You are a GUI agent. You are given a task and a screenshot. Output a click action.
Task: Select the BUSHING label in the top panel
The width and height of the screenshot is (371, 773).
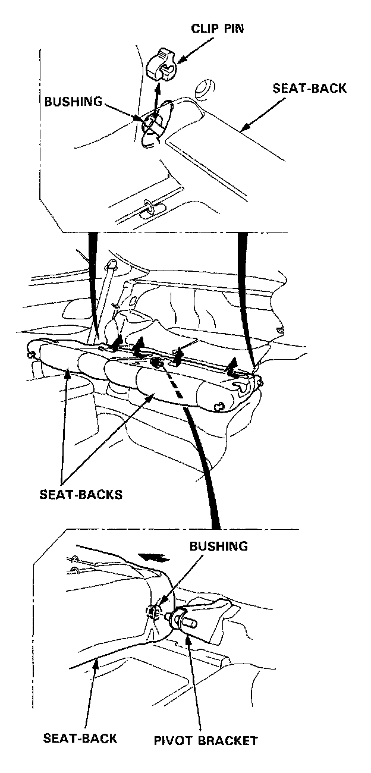[74, 101]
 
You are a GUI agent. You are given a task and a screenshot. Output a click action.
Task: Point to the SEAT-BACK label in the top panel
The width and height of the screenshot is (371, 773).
[309, 89]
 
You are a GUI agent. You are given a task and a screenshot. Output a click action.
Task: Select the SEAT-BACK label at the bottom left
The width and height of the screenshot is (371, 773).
[80, 738]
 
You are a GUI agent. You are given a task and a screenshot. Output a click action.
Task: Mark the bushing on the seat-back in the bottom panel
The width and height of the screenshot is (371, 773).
[152, 611]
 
